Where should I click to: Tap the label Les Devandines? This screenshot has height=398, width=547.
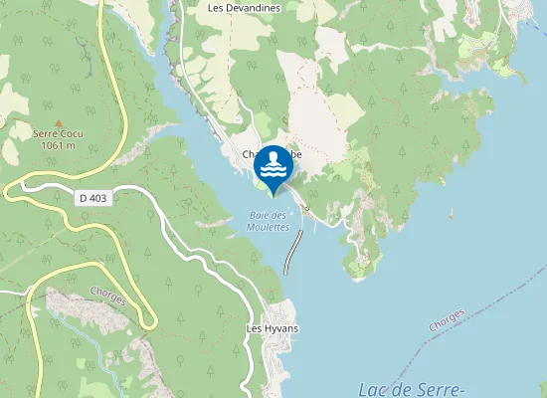[x=245, y=8]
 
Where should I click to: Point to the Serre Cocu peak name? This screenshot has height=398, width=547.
[x=57, y=134]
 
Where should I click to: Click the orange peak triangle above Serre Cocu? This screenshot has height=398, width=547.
[x=57, y=122]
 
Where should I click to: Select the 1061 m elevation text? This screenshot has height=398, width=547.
[x=57, y=145]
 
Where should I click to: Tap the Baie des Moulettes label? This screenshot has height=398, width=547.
[x=268, y=221]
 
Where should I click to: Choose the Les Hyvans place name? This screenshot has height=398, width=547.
[x=273, y=328]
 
